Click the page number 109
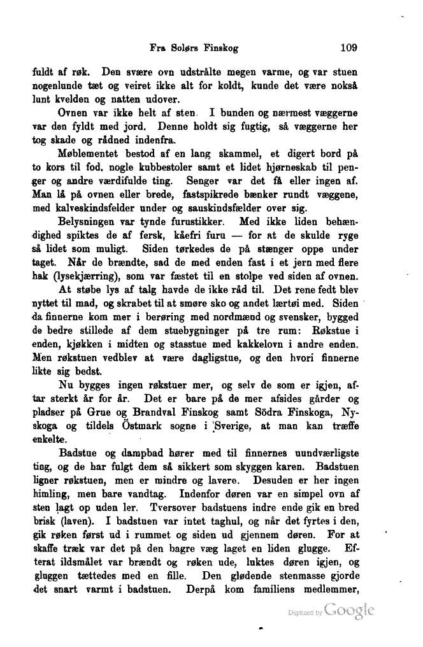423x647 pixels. pos(352,46)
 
